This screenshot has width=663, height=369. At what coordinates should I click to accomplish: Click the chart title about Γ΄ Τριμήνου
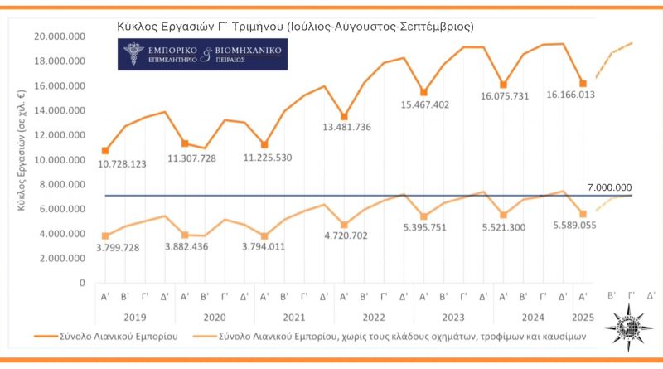(x=296, y=27)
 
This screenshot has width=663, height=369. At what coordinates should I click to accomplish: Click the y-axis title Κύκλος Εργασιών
(x=24, y=159)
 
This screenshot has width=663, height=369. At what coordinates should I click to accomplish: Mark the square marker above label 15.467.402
(x=423, y=92)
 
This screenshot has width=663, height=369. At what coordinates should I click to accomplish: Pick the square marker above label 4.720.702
(x=345, y=225)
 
